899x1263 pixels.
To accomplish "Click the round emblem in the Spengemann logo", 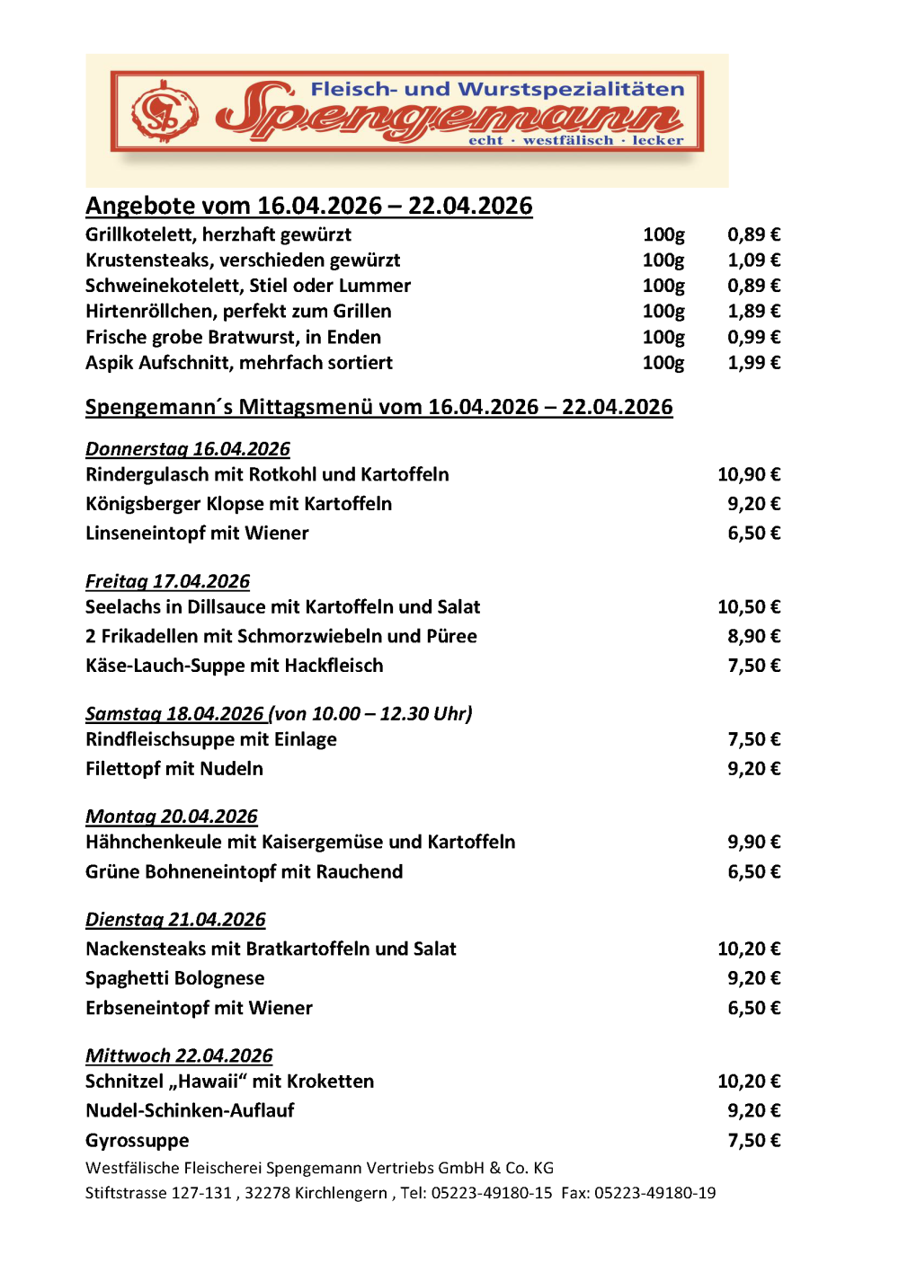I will tap(165, 112).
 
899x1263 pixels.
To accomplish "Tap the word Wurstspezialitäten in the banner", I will tap(572, 89).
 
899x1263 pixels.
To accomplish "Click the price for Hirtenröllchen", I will tap(753, 311).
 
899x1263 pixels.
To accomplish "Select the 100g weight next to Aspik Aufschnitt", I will tap(663, 363).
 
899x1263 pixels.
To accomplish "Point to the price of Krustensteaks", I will tap(753, 260).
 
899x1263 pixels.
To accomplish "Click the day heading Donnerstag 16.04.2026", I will tap(188, 449).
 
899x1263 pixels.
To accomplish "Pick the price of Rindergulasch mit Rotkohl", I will tap(748, 474).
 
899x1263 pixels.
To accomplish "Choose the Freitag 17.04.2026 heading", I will tap(168, 581).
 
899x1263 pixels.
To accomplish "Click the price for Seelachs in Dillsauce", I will tap(748, 607).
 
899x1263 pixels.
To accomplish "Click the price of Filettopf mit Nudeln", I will tap(753, 769).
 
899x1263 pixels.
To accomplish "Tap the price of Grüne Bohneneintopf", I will tap(753, 871).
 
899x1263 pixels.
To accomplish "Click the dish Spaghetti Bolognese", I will tap(175, 978).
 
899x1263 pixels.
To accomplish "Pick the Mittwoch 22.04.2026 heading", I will tap(179, 1055).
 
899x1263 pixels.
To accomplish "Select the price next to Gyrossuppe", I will tap(753, 1141).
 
